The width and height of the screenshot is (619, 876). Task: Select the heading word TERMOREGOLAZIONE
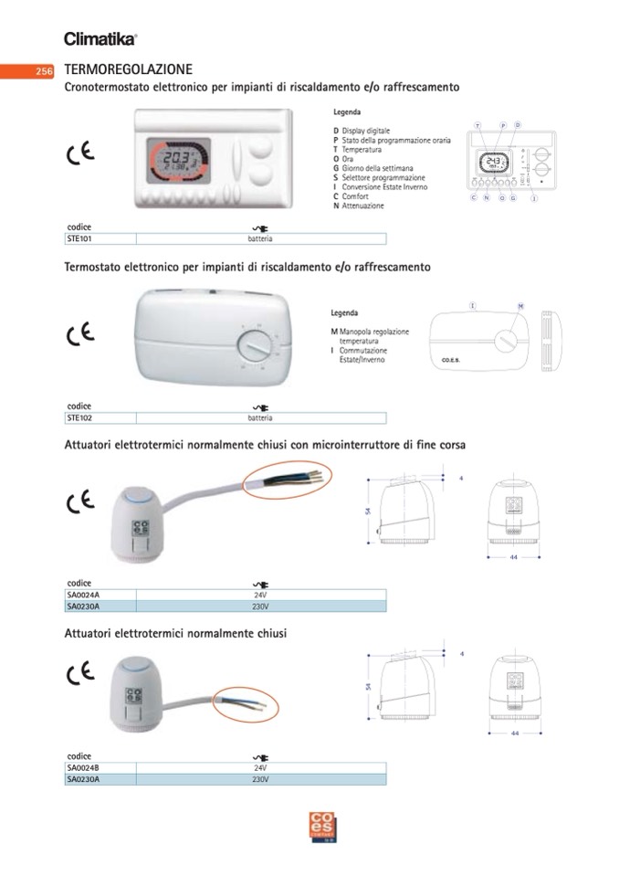tap(128, 69)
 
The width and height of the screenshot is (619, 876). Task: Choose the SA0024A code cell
tap(83, 595)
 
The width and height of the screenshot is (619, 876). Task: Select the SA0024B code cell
tap(83, 767)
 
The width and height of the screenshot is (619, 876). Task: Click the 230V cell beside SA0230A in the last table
tap(260, 779)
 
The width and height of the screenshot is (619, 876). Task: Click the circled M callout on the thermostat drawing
tap(519, 305)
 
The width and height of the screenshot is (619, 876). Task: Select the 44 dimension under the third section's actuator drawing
tap(514, 557)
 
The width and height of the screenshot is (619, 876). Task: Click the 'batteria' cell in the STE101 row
tap(260, 239)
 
